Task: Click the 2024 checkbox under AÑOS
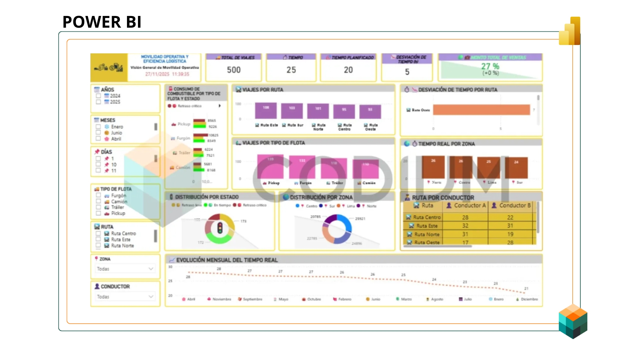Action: point(98,96)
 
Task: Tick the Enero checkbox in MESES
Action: point(98,127)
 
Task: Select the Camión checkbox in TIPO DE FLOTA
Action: point(98,201)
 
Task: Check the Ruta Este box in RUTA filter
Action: point(98,239)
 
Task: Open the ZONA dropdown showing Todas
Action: point(125,269)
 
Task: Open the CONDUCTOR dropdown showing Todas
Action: point(125,297)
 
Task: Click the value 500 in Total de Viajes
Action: point(234,70)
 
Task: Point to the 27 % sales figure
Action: point(490,66)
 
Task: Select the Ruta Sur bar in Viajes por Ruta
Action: point(292,111)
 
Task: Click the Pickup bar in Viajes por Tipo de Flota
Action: point(270,167)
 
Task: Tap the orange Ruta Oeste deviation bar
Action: point(481,110)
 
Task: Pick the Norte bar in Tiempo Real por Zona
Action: point(433,167)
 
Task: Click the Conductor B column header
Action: point(512,206)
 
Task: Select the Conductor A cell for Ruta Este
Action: point(465,226)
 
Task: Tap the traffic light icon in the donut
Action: point(220,228)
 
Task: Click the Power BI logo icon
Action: point(570,31)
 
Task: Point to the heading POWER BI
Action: point(102,22)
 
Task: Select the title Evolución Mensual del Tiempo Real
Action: point(227,260)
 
